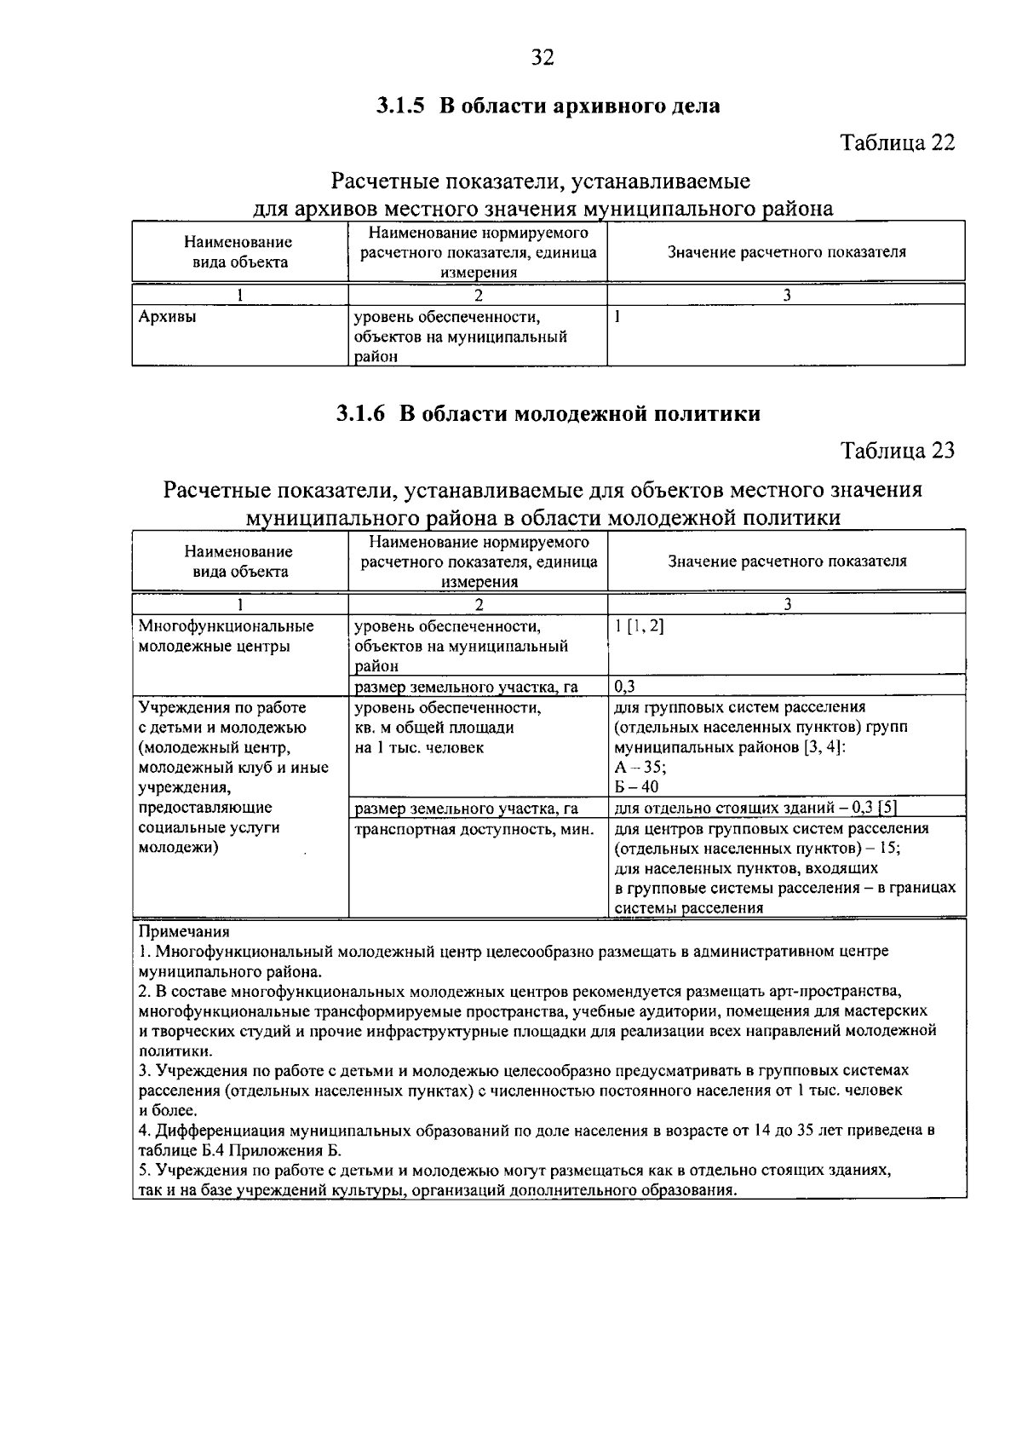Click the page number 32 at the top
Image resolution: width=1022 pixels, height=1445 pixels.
(543, 57)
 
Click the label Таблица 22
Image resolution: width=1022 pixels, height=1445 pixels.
(898, 142)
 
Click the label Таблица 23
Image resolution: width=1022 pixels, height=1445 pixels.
(898, 450)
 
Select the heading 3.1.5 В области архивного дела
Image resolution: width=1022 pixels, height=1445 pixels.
(548, 107)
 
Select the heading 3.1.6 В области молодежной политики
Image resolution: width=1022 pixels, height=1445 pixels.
(548, 414)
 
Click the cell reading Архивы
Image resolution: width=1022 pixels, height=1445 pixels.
(167, 317)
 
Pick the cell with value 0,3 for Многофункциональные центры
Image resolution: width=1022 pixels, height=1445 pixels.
(625, 686)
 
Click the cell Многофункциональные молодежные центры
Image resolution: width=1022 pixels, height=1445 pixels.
(226, 636)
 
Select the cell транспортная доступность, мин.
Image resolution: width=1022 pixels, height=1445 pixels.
(474, 828)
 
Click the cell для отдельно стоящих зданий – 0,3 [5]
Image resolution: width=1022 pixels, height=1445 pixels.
(755, 808)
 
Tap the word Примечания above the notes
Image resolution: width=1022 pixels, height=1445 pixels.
(184, 931)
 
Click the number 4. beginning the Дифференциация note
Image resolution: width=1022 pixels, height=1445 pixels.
(144, 1131)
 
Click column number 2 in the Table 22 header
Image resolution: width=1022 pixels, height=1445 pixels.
(478, 295)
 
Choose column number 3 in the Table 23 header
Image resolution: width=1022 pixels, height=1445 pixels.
(787, 603)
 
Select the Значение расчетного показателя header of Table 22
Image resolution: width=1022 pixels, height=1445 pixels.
(786, 252)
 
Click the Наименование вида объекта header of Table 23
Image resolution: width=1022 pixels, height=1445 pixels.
(239, 561)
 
